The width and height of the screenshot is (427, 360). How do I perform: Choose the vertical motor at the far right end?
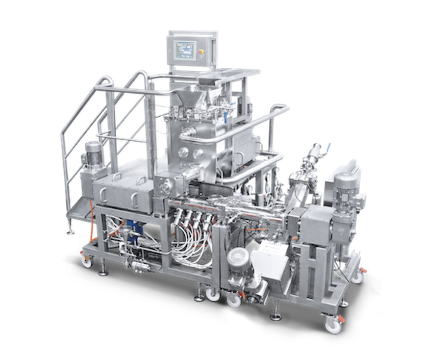click(341, 189)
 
